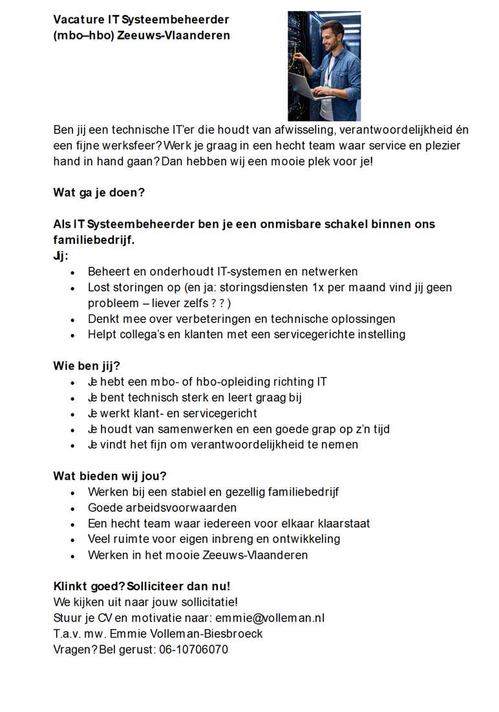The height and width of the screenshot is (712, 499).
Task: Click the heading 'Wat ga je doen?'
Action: pos(99,192)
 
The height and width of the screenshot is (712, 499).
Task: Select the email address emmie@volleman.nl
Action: pos(270,618)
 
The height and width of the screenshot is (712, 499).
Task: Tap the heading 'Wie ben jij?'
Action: pos(87,366)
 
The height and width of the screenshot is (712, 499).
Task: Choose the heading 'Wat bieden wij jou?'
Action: pos(110,476)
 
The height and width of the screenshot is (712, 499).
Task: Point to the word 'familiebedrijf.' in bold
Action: pos(94,240)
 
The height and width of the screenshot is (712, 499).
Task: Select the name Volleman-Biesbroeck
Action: pos(209,634)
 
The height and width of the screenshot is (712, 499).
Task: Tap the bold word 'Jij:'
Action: pos(61,256)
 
